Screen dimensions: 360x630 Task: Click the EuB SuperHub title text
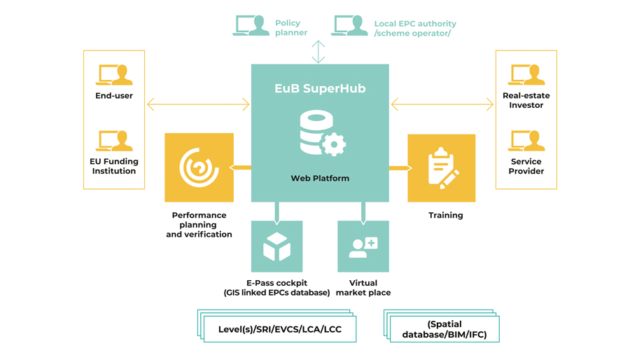tap(320, 89)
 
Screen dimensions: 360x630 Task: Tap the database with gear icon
tap(322, 134)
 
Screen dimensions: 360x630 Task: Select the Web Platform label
tap(320, 179)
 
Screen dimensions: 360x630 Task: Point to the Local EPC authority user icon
tap(350, 26)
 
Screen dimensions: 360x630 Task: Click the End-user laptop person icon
tap(114, 74)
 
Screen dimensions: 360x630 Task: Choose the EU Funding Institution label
tap(114, 166)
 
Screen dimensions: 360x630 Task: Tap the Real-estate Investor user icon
tap(526, 74)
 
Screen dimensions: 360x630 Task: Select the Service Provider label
tap(526, 166)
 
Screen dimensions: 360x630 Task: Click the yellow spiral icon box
tap(199, 167)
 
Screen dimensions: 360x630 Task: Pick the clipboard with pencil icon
tap(442, 168)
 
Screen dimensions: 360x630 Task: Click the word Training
tap(446, 216)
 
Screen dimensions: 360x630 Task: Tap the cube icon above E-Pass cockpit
tap(277, 247)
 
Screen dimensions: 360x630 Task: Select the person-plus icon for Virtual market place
tap(363, 247)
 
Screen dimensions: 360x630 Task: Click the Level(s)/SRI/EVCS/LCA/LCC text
tap(280, 329)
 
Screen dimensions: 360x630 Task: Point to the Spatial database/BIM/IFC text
tap(444, 329)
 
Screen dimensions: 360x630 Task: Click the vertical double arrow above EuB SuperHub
tap(318, 52)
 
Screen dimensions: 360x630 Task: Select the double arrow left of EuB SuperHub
tap(198, 105)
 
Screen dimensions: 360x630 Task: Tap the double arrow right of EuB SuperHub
tap(442, 105)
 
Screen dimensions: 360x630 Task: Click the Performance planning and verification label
tap(199, 225)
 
